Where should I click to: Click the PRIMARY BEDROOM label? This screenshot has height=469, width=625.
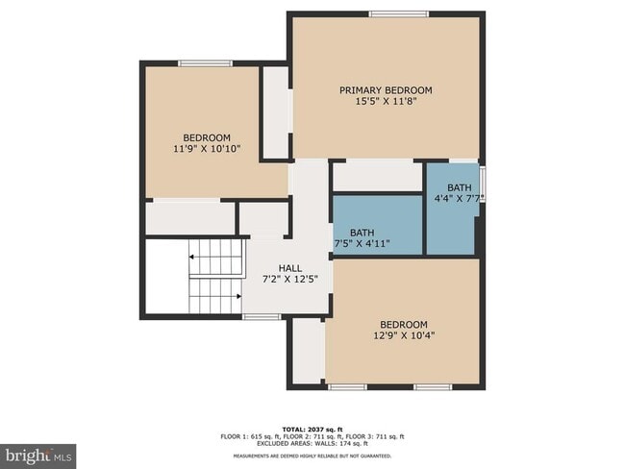click(x=386, y=90)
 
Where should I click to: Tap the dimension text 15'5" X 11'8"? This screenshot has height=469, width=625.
click(x=386, y=102)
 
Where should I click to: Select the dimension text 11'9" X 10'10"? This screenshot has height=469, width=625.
click(x=207, y=149)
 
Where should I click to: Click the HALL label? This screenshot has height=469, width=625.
click(x=290, y=268)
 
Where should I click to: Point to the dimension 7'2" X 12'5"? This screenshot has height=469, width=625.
click(x=290, y=280)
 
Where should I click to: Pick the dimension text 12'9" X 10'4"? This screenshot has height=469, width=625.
click(x=403, y=336)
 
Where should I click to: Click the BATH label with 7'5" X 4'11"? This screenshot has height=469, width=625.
click(x=362, y=233)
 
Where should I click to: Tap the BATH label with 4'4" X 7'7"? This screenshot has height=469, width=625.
click(x=459, y=187)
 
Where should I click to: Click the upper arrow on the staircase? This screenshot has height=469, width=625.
click(x=192, y=258)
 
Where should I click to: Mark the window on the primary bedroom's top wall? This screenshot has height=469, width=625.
click(x=399, y=13)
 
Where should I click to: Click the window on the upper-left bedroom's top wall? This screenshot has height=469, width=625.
click(x=205, y=63)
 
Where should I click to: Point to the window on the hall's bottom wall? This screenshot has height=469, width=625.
click(x=261, y=316)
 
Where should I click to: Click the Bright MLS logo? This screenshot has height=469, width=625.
click(x=38, y=455)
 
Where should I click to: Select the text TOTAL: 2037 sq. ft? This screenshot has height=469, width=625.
click(x=312, y=428)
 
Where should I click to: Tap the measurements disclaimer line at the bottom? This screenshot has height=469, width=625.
click(x=312, y=456)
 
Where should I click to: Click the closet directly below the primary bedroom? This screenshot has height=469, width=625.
click(x=377, y=176)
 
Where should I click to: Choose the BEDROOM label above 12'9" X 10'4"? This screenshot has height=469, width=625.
click(x=403, y=325)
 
